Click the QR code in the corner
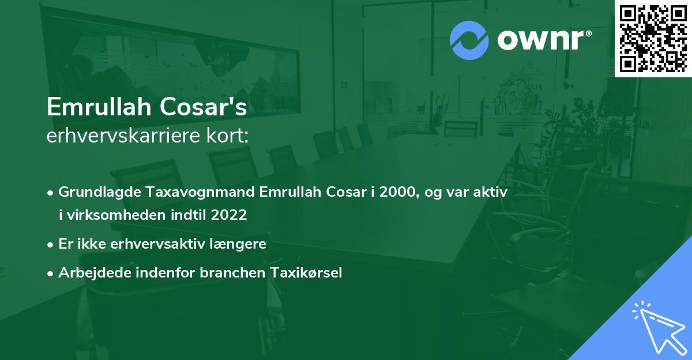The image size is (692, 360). coord(653,39)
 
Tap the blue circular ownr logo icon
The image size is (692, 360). coord(469,40)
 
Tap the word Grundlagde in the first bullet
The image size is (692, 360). coord(94,192)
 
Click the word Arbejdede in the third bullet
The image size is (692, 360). coord(88,273)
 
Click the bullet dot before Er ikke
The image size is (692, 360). coord(51,245)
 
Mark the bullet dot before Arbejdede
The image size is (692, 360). coord(51,273)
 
